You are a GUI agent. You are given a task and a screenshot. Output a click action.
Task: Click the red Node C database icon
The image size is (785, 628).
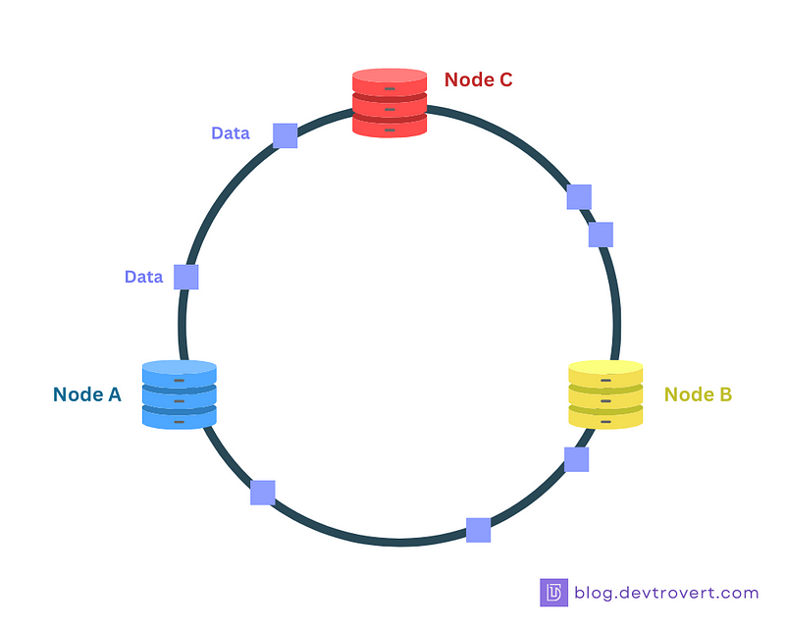[390, 103]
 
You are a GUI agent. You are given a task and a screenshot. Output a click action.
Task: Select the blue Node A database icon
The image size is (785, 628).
[180, 394]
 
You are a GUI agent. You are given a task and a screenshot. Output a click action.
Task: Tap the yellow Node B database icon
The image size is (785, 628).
[605, 394]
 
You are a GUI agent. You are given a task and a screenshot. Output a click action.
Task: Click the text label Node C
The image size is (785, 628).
[478, 79]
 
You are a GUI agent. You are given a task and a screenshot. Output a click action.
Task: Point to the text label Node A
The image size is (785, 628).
[87, 394]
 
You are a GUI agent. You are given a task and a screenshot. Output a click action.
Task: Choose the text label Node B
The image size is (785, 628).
[698, 394]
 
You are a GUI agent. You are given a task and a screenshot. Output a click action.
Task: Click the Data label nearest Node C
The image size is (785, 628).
[231, 133]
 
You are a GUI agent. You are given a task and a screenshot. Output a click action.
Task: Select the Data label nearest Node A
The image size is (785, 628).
[143, 277]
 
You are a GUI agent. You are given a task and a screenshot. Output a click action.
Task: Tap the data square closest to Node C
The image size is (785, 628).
[286, 135]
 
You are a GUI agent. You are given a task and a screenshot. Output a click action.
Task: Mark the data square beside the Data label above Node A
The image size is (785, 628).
[186, 277]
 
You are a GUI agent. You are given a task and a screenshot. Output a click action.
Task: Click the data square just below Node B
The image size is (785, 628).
[577, 459]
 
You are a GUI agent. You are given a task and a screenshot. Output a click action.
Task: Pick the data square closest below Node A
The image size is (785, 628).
[263, 493]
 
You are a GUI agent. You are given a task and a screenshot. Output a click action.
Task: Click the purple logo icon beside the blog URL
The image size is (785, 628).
[553, 593]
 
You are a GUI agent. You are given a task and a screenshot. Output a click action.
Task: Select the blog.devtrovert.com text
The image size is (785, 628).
[666, 593]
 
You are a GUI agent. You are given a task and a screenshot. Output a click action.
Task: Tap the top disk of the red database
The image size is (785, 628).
[390, 81]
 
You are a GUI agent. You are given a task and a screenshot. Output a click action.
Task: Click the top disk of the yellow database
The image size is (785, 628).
[605, 373]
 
